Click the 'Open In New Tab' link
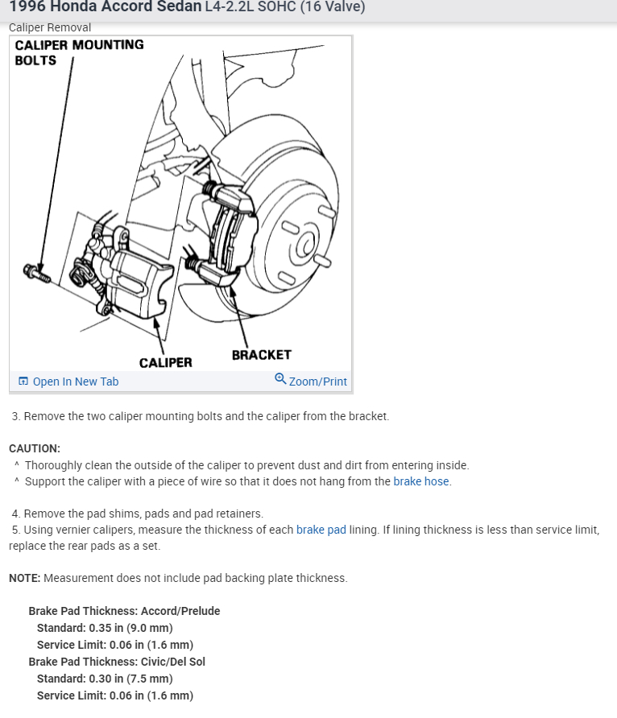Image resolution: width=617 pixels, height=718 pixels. [x=75, y=382]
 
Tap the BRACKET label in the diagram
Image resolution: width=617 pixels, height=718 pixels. [x=261, y=354]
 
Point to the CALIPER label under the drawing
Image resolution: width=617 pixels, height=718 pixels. [x=165, y=362]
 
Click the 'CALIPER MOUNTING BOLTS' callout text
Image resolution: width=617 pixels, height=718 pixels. [x=79, y=52]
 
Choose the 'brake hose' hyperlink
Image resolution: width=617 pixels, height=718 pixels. [x=421, y=481]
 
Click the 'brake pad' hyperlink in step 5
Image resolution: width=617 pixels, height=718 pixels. [x=321, y=530]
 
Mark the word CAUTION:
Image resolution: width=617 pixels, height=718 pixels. [x=35, y=448]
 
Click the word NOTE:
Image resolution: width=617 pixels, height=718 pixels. [x=24, y=578]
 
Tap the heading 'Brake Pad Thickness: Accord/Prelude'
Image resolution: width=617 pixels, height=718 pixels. [x=124, y=611]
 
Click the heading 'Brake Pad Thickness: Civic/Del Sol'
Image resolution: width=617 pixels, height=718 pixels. [x=117, y=662]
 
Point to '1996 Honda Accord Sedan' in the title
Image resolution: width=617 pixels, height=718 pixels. [x=105, y=7]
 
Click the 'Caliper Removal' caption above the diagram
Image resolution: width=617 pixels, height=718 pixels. [x=50, y=27]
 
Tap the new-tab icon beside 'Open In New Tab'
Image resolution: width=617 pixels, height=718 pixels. [x=23, y=382]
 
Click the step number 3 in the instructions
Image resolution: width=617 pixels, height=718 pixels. [x=16, y=416]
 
